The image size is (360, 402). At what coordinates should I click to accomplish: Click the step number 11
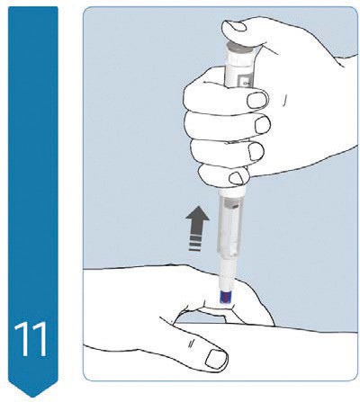point(31,339)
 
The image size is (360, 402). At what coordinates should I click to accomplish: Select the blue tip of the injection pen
point(225,298)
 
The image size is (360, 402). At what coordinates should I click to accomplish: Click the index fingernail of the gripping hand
point(257,100)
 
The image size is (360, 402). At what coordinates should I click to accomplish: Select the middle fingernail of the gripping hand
point(263,124)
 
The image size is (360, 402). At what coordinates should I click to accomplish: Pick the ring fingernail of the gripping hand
point(256,151)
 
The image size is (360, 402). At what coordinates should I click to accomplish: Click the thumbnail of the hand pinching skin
point(216,359)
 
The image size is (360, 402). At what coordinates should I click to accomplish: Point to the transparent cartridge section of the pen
point(229,226)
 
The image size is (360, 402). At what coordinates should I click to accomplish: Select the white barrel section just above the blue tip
point(227,273)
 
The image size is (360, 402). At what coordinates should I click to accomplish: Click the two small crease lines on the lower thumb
point(190,344)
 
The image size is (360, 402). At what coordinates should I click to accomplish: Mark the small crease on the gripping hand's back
point(283,101)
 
